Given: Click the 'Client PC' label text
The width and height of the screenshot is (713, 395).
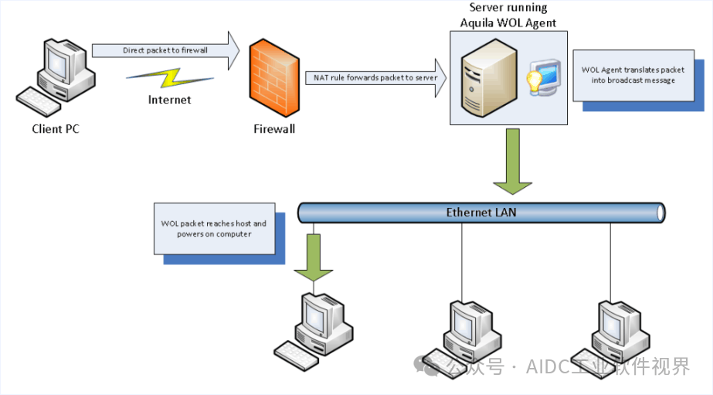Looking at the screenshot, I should (x=56, y=129).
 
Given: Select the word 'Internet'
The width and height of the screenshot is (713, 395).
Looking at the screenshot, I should (x=169, y=100).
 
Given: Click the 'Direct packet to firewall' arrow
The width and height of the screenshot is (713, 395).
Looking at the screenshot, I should (x=166, y=50).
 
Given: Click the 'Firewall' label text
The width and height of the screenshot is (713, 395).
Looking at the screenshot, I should (x=274, y=129).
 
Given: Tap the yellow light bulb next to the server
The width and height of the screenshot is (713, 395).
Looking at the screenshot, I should (x=535, y=82).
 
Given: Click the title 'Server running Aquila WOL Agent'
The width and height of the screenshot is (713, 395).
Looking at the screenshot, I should (x=508, y=15).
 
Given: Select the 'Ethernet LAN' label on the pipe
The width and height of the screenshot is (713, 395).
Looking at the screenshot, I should (x=480, y=212).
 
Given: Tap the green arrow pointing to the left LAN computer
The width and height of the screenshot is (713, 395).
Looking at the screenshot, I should (x=313, y=259).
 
